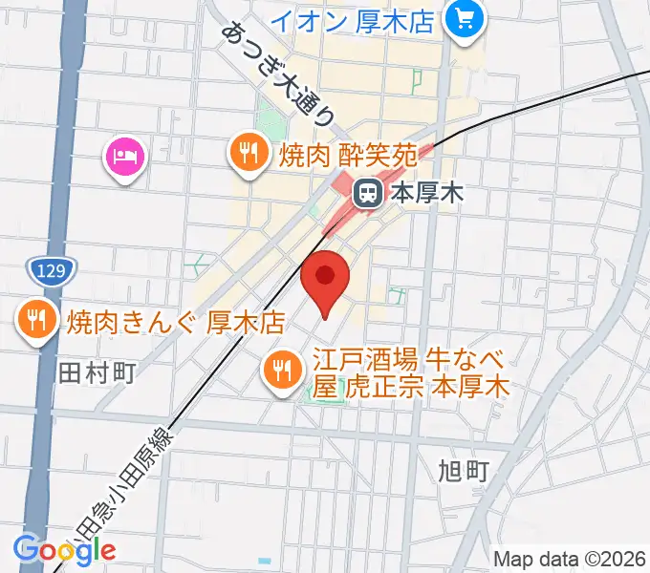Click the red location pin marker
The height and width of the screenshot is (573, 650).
pos(325,278)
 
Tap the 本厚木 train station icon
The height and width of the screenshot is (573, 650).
pos(366,194)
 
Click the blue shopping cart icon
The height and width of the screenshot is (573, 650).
pos(466,19)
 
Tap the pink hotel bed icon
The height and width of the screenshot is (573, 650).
pos(125,155)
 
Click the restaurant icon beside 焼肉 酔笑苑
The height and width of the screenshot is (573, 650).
pos(249,153)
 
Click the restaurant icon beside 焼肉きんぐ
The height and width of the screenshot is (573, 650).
pos(37,320)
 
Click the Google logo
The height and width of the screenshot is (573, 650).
pos(64,549)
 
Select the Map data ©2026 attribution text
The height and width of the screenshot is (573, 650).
pos(570,559)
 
